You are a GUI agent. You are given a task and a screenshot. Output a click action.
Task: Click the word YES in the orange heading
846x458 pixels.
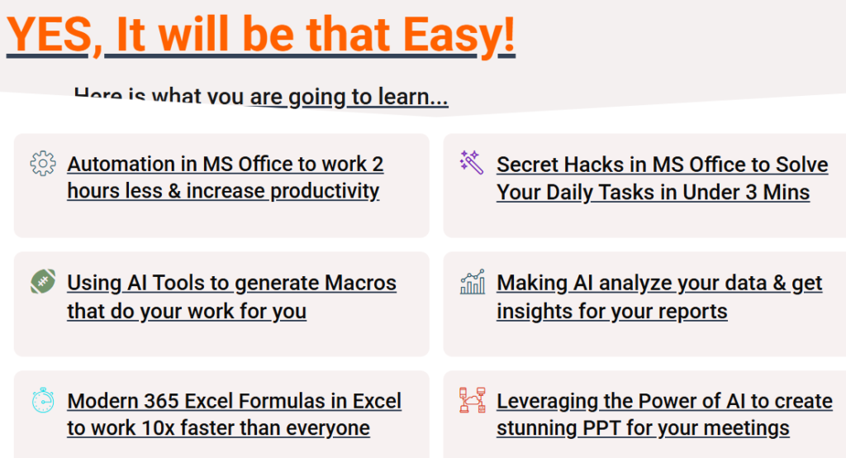(x=49, y=35)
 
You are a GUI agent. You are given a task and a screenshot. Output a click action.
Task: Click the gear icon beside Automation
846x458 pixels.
(x=43, y=163)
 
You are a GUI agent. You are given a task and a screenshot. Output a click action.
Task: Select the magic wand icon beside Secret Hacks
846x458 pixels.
(x=472, y=163)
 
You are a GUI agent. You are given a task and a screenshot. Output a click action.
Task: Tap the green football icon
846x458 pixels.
(x=43, y=281)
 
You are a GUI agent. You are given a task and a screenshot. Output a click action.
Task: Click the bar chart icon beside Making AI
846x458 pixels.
(x=472, y=281)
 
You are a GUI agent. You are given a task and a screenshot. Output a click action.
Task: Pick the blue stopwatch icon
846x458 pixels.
(x=43, y=400)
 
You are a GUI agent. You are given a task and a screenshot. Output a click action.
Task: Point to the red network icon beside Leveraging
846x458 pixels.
(x=472, y=400)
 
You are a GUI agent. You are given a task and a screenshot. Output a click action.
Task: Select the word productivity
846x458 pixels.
(x=325, y=192)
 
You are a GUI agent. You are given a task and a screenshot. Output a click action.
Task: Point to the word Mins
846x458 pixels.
(x=787, y=193)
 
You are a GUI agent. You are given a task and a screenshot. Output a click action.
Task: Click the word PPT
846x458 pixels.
(x=601, y=428)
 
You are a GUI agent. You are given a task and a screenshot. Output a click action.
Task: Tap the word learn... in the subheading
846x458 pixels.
(x=413, y=98)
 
